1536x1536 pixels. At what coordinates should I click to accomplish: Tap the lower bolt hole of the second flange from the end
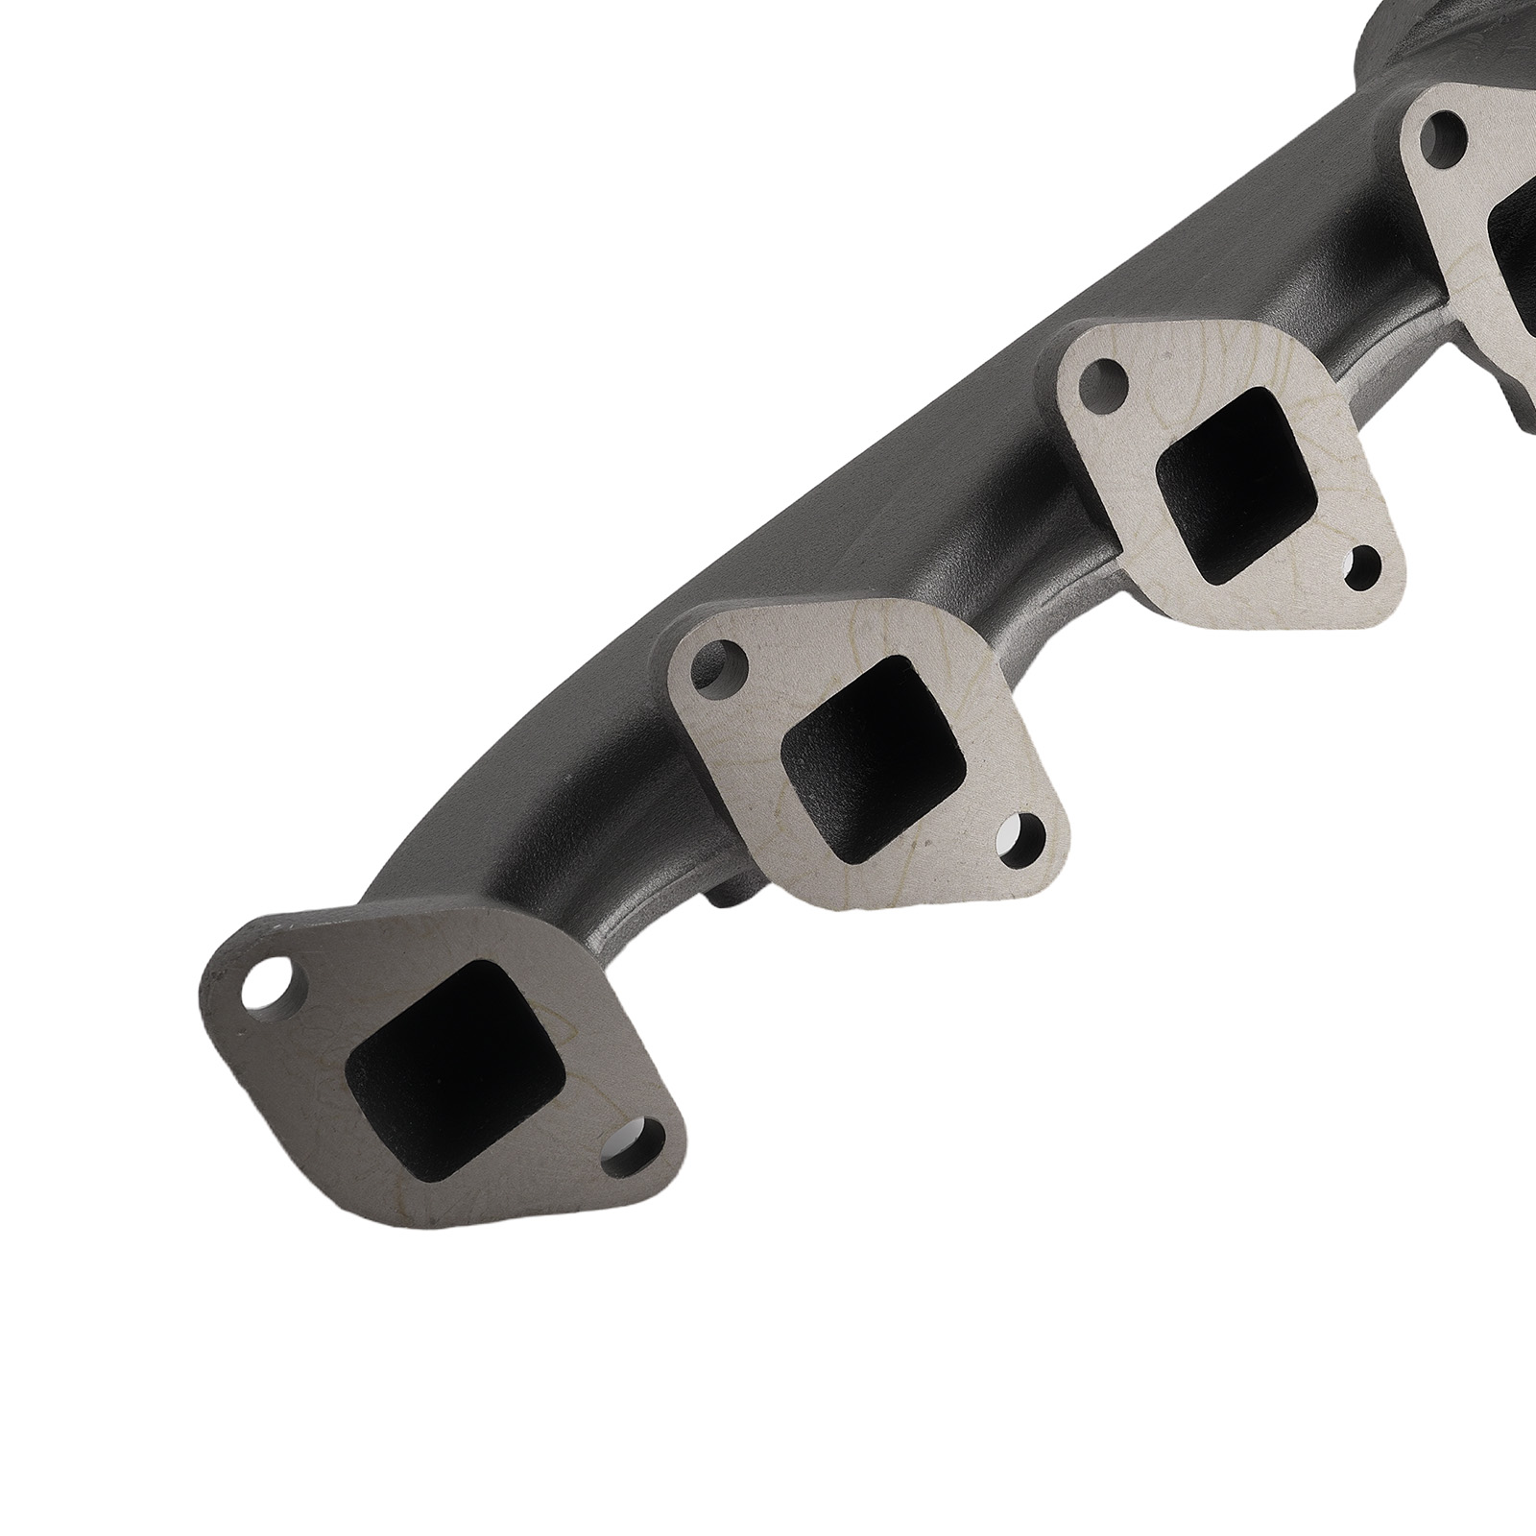point(1023,835)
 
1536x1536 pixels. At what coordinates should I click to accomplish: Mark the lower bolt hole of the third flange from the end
point(1364,567)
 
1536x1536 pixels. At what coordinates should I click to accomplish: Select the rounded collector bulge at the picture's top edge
point(1402,38)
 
